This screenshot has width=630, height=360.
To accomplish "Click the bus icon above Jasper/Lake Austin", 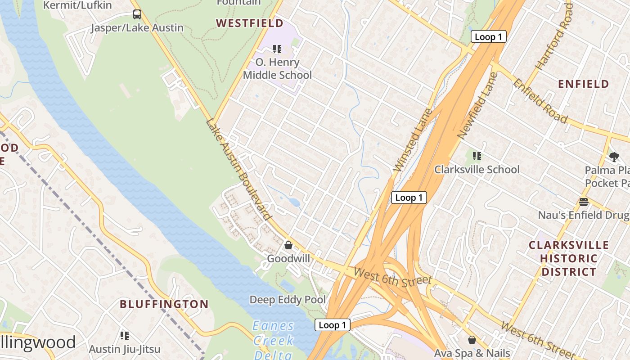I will [137, 14].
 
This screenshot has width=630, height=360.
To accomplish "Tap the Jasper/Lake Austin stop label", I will [137, 28].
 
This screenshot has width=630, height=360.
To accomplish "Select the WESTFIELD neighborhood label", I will [250, 23].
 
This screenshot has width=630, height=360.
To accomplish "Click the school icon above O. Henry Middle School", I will [277, 49].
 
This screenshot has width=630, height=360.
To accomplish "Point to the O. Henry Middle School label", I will [277, 68].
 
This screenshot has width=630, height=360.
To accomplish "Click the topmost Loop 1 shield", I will [488, 37].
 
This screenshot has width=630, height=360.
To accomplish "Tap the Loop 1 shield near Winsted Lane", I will [409, 197].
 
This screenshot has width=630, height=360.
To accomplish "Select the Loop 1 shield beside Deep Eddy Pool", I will [332, 325].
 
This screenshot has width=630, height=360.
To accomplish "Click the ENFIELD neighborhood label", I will [583, 84].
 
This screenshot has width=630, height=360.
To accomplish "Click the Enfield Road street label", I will [540, 101].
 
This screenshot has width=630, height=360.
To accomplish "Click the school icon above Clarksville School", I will [477, 156].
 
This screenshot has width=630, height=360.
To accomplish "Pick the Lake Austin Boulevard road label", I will [239, 169].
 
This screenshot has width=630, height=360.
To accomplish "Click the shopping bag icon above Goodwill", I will [288, 245].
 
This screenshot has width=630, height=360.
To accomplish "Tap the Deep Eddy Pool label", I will [288, 300].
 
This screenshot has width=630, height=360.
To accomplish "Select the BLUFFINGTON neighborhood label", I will [164, 304].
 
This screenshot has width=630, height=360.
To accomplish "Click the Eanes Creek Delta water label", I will [273, 340].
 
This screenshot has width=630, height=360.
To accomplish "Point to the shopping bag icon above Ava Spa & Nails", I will [472, 340].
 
